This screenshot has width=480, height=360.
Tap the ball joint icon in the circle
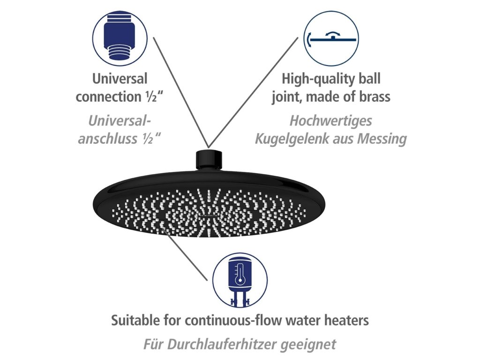pos(331,39)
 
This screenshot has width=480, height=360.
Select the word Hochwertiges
pos(330,120)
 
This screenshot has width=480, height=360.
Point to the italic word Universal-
pos(120,120)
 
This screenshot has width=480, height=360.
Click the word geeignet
pos(312,345)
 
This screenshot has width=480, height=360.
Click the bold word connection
pos(105,97)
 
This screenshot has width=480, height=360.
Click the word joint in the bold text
pos(287,97)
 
